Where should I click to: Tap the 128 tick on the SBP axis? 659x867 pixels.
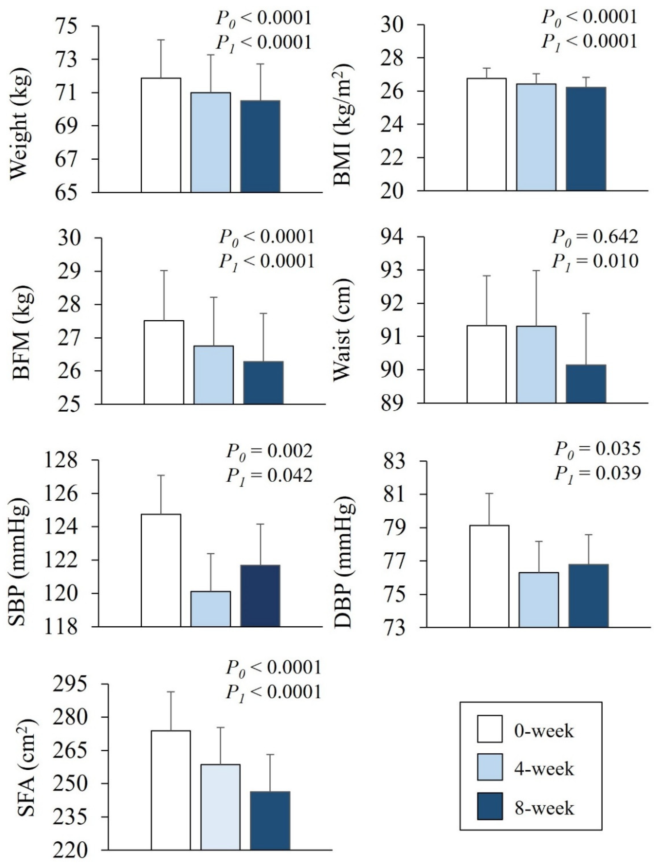click(67, 460)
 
